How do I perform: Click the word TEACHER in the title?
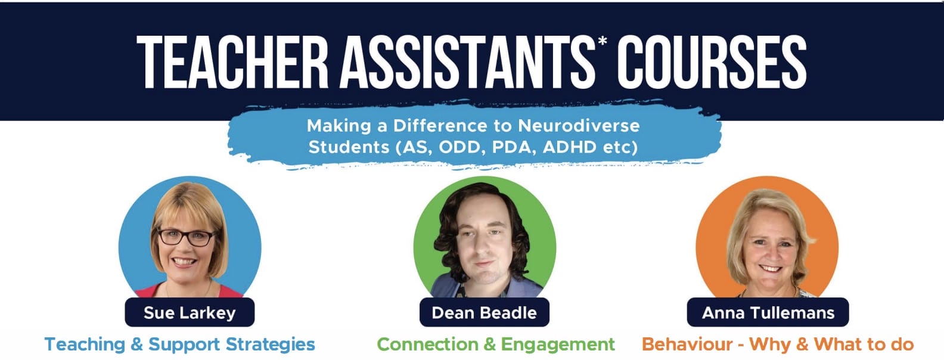(232, 62)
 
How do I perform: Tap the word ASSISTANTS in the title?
(467, 62)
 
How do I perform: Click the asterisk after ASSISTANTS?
(603, 41)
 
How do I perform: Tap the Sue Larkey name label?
(190, 312)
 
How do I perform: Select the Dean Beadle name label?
(485, 312)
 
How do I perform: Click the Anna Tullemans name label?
(768, 312)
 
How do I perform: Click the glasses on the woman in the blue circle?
(186, 237)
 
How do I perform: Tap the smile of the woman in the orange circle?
(770, 268)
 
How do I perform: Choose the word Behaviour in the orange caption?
(687, 345)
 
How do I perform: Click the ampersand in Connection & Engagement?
(490, 345)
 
